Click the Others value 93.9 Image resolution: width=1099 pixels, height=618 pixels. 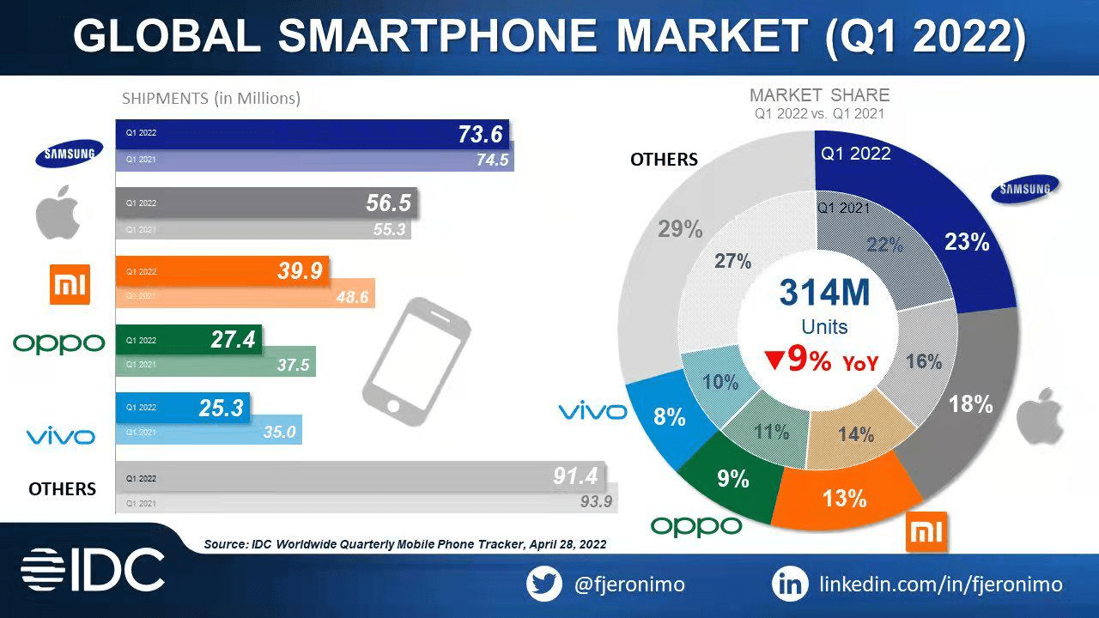point(595,501)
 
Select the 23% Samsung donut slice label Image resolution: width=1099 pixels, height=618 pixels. point(967,242)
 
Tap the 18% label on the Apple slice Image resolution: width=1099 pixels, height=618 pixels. point(970,403)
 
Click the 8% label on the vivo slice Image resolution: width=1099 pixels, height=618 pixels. point(669,418)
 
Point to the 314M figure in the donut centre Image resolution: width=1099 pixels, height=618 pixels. point(824,293)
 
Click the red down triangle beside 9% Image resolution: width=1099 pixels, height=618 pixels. point(774,361)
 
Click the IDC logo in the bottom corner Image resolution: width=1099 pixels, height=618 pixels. point(93,570)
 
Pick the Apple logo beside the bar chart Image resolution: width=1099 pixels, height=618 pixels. point(58,215)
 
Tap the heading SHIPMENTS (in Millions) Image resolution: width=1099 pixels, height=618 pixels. point(211,99)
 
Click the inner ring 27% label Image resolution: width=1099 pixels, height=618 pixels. point(732,261)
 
